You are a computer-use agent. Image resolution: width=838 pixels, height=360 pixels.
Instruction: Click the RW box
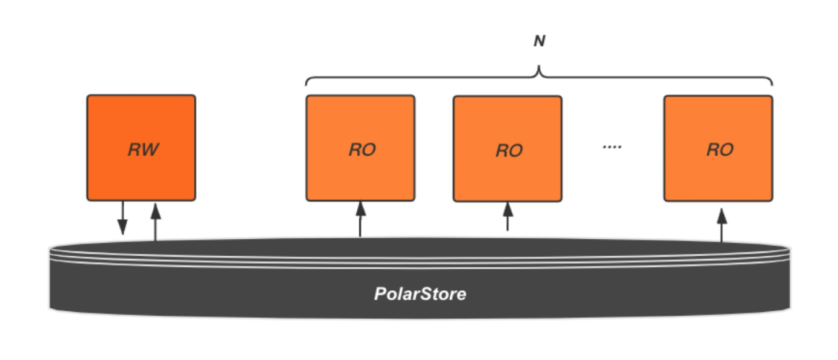[x=140, y=147]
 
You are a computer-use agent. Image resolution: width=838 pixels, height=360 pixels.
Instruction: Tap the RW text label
[x=144, y=150]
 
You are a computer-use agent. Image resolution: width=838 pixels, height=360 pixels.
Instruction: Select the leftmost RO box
[x=360, y=147]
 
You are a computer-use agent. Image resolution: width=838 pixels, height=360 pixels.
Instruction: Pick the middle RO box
[x=507, y=148]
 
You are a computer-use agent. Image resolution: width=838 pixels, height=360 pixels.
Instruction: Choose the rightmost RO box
[x=718, y=147]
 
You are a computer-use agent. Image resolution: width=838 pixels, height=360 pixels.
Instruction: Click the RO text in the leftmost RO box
[x=362, y=150]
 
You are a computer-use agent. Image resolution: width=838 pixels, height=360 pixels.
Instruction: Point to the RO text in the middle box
[x=509, y=151]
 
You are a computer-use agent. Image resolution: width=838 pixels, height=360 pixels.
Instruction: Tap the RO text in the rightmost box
[x=720, y=150]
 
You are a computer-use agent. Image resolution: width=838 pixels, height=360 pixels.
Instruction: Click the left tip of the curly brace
[x=306, y=84]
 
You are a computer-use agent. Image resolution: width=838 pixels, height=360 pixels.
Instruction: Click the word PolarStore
[x=421, y=295]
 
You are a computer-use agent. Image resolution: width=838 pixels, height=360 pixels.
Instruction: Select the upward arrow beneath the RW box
[x=155, y=220]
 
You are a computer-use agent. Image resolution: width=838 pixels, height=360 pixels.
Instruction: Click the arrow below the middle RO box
[x=508, y=216]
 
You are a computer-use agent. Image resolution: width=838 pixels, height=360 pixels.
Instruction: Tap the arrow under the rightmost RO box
[x=722, y=223]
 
